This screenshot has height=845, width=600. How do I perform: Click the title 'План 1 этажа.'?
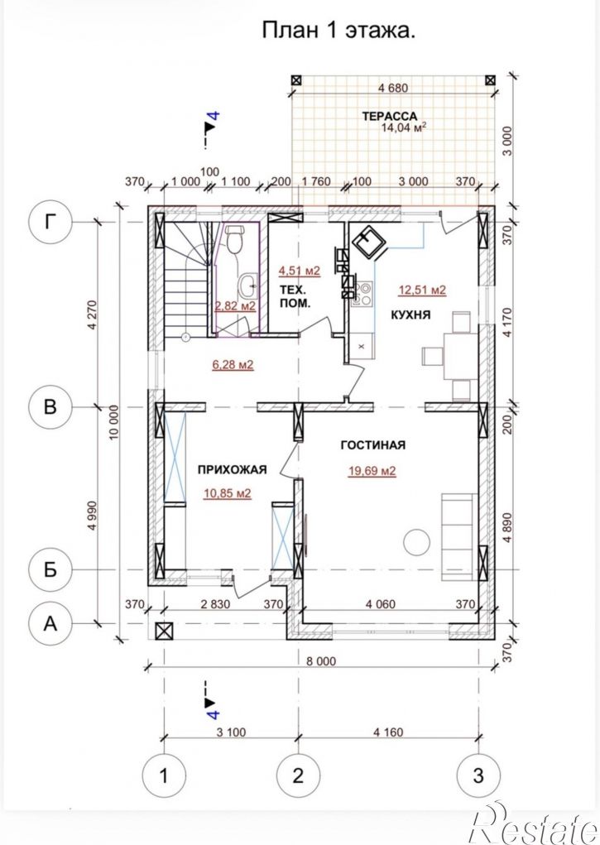(338, 30)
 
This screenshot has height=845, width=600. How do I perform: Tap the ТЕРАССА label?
(390, 117)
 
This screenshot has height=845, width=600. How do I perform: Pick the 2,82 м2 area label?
(235, 306)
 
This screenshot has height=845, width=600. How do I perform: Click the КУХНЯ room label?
(410, 315)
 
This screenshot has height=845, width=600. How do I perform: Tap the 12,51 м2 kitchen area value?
(422, 290)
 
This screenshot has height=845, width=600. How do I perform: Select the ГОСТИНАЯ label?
(373, 445)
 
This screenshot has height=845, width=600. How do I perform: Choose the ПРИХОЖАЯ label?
(232, 469)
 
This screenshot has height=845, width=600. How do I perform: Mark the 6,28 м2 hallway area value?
(233, 365)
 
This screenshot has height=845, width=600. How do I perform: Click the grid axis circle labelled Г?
(50, 222)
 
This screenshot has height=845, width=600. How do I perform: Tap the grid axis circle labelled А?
(50, 623)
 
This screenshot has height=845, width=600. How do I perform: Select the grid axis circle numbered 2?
(298, 776)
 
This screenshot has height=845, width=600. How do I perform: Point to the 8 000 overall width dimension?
(322, 661)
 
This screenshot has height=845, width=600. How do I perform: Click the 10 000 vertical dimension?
(113, 423)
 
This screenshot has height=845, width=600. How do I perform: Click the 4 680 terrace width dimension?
(393, 88)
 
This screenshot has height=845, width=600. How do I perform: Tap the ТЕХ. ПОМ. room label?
(295, 295)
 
